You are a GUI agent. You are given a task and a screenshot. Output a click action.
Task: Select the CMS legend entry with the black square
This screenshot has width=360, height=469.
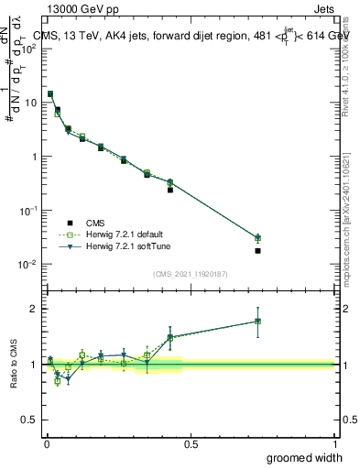coord(91,223)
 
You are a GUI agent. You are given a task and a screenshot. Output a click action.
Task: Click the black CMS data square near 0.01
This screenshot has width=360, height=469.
coord(50,93)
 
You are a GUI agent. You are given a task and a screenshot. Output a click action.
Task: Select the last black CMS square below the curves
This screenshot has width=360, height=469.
coord(258,250)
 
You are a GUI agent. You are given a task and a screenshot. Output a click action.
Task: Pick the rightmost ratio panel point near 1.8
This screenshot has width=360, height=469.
coord(258,321)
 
